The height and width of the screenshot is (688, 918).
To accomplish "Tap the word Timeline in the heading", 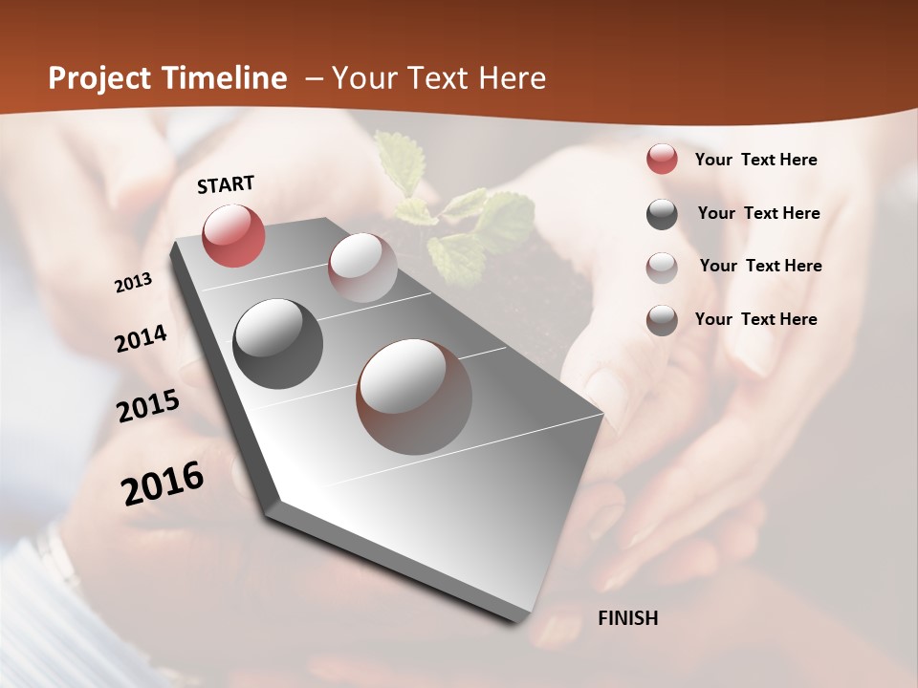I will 226,78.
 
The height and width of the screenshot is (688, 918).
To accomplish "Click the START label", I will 226,185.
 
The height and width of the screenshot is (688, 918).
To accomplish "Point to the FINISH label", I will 627,618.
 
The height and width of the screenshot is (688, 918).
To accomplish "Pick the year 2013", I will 134,283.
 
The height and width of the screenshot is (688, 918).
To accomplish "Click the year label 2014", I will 141,339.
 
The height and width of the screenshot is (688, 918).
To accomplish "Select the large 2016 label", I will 163,483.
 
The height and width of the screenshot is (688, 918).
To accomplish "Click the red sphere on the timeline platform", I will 233,235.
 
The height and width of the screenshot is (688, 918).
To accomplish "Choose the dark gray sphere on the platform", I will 277,344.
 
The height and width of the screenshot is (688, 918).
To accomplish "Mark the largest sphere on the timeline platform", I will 414,397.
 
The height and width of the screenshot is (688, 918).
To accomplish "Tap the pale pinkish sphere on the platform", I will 362,267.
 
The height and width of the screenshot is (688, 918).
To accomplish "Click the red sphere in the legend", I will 662,160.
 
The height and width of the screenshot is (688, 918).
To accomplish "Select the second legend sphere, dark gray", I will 662,213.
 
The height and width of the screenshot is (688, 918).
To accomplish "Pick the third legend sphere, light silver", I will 662,267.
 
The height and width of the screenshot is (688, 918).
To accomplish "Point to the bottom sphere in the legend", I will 662,320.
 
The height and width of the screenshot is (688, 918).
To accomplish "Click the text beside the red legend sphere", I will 755,160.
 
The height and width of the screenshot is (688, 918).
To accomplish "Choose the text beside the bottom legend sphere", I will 755,319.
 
